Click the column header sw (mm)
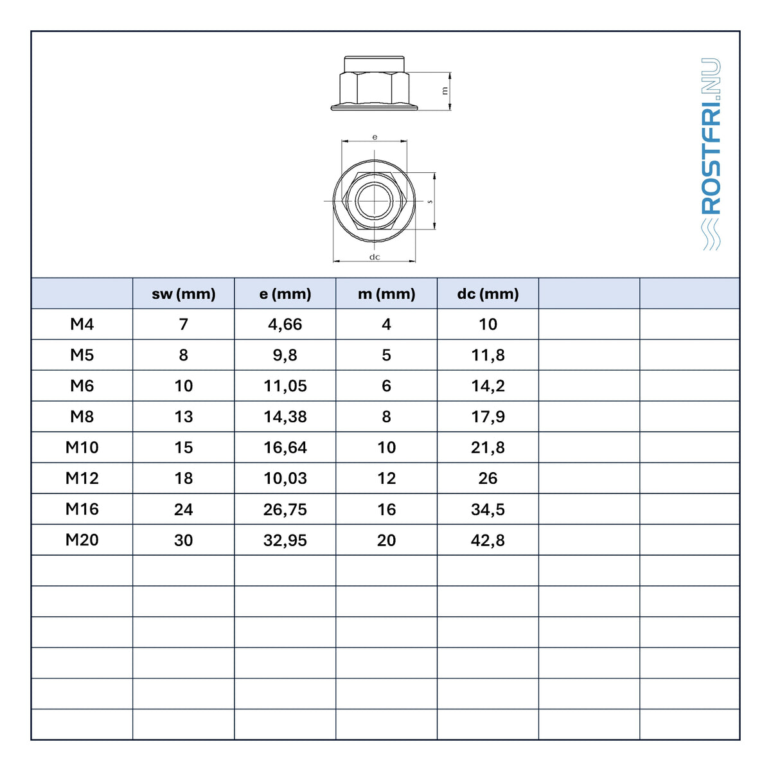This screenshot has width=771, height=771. click(x=183, y=294)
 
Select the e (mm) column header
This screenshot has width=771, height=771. click(x=285, y=294)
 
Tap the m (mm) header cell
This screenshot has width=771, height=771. click(x=386, y=294)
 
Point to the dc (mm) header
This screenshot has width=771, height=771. click(x=488, y=294)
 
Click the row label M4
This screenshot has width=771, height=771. click(x=82, y=324)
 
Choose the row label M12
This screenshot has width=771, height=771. click(x=82, y=478)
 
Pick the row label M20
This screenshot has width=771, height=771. click(x=82, y=540)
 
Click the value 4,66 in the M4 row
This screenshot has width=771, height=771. click(x=285, y=324)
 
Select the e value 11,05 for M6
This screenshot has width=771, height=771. click(x=285, y=386)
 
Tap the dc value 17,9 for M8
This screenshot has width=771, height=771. click(x=488, y=417)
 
